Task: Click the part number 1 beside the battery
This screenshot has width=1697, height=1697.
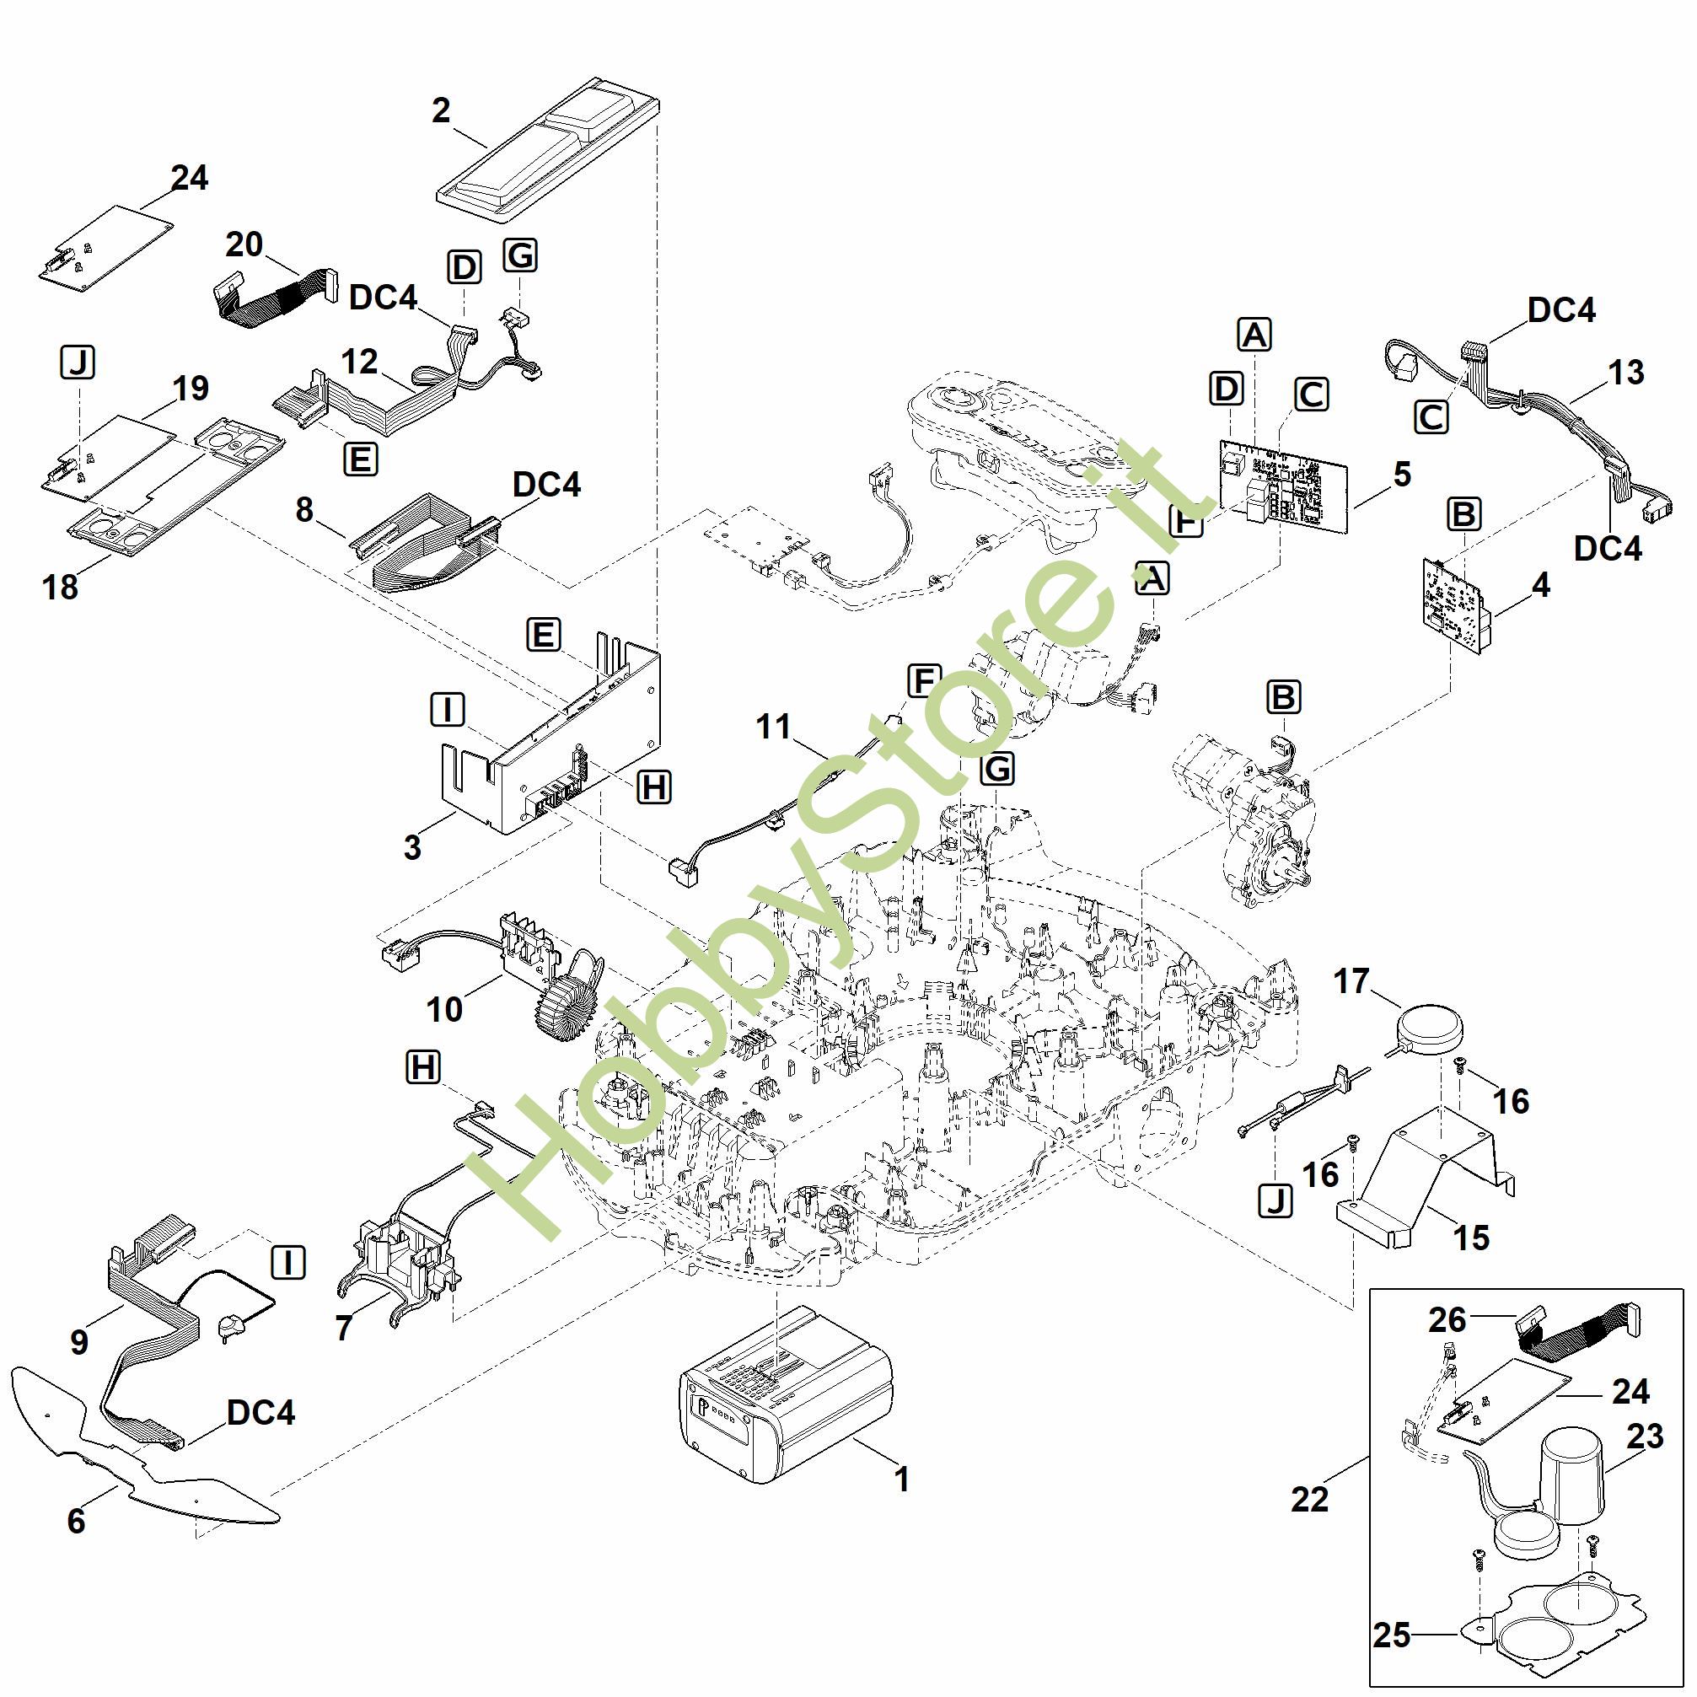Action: (901, 1480)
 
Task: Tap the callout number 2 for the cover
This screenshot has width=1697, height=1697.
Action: (441, 110)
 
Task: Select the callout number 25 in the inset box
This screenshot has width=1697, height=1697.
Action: (1392, 1635)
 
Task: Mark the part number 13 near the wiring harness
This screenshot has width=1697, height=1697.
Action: (1626, 373)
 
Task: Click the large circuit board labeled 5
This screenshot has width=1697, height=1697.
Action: (1282, 484)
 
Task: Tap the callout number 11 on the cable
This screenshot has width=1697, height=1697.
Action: (774, 727)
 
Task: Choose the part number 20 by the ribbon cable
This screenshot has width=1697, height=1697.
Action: (244, 244)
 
